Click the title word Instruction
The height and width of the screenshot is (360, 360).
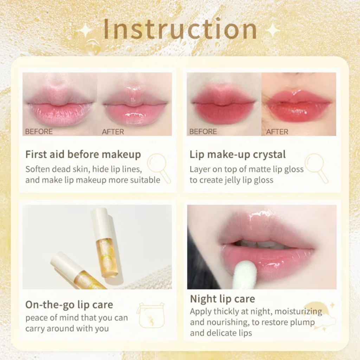tap(180, 29)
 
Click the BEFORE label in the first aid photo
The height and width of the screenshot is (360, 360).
tap(39, 132)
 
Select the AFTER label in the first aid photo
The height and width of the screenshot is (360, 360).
tap(113, 132)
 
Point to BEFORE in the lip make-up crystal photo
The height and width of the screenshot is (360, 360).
tap(203, 132)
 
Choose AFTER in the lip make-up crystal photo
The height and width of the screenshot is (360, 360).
tap(277, 132)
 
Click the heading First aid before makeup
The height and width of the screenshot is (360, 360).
tap(83, 154)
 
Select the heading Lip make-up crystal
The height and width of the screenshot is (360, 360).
tap(238, 154)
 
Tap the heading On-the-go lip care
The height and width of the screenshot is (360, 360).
tap(69, 304)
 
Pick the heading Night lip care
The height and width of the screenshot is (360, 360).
tap(223, 299)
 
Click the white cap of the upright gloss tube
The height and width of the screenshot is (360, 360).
tap(102, 223)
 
